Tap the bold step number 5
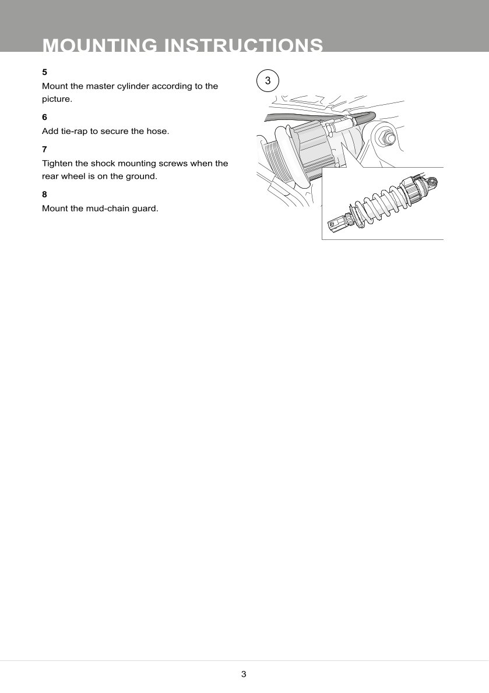click(44, 72)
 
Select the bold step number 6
click(44, 117)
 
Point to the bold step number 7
click(44, 150)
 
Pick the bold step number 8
click(44, 194)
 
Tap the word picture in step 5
click(56, 99)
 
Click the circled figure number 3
click(268, 82)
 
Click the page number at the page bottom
click(244, 674)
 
